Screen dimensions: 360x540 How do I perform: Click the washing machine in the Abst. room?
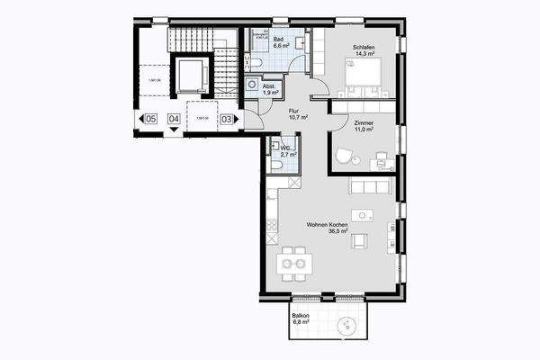pyautogui.click(x=252, y=82)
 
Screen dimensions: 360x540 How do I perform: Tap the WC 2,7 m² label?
pyautogui.click(x=287, y=151)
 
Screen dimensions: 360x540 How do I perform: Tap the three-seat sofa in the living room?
pyautogui.click(x=370, y=186)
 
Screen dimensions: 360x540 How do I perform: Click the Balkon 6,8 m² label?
pyautogui.click(x=301, y=319)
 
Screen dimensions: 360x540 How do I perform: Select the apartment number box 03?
pyautogui.click(x=227, y=118)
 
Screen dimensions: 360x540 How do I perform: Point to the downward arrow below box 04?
pyautogui.click(x=174, y=130)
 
